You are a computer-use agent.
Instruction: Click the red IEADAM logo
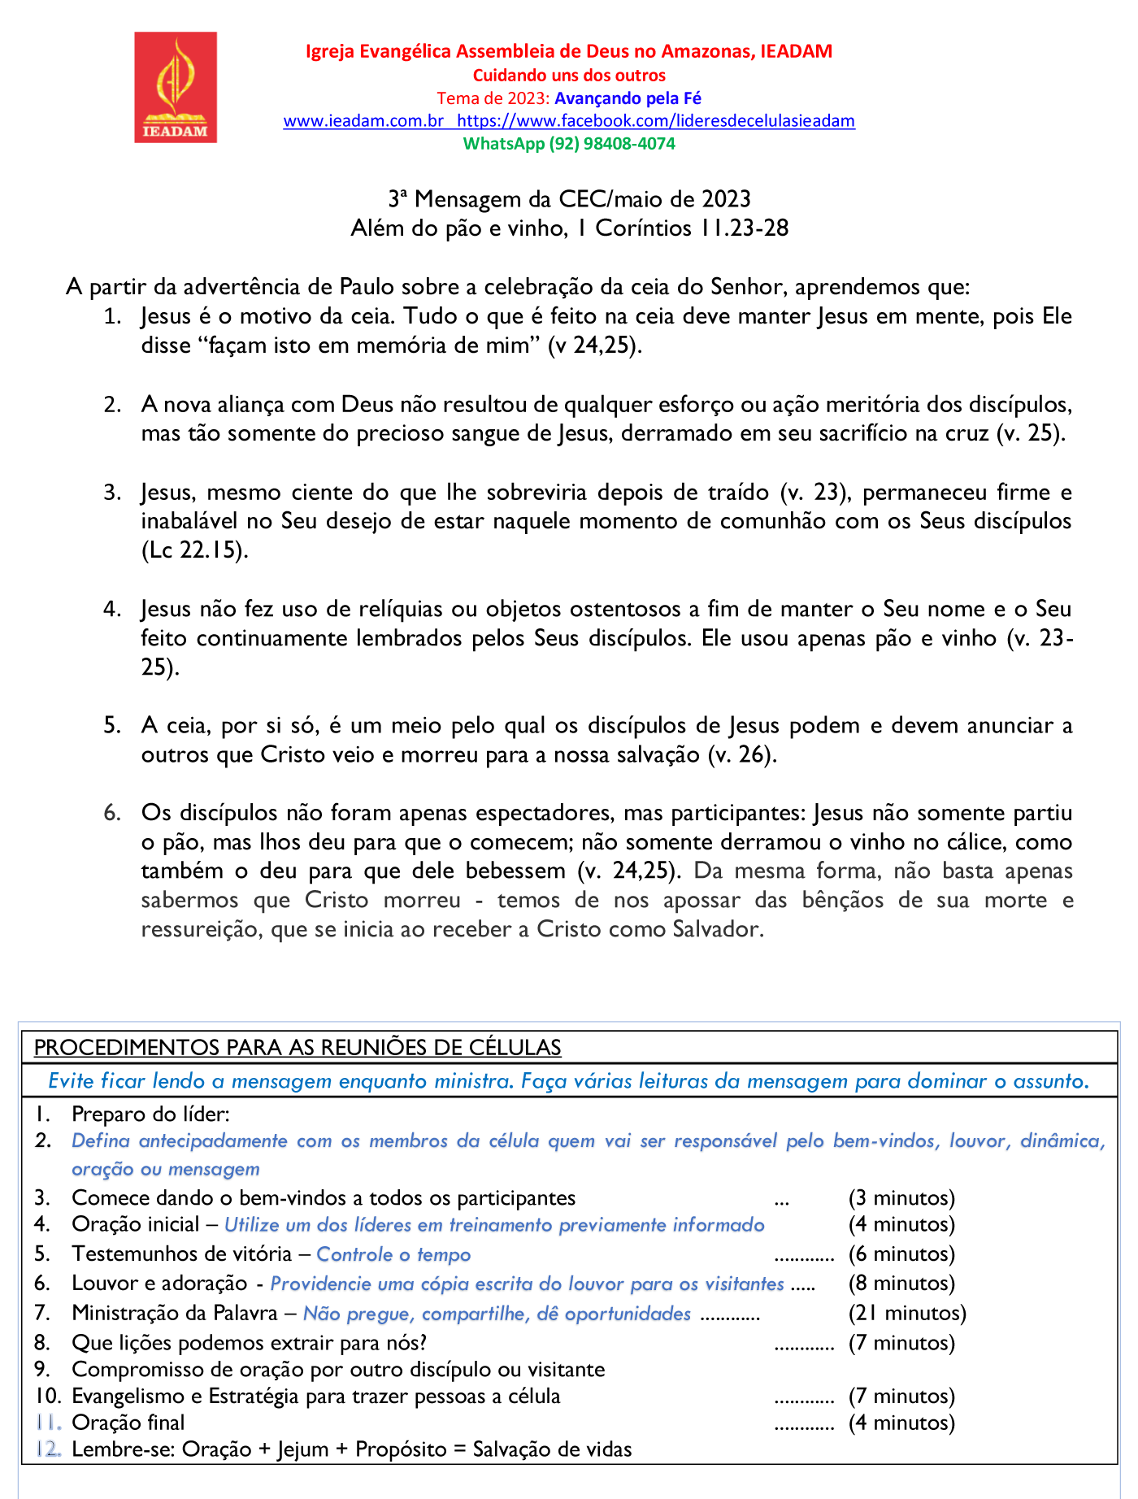176,88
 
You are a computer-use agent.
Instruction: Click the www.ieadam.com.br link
363,121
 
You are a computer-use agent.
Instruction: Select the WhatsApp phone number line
569,144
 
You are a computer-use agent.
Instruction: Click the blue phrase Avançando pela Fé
628,98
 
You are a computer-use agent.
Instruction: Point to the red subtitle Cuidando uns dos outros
569,76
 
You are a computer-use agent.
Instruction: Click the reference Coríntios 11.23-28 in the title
692,228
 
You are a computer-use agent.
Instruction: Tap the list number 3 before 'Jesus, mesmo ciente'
112,493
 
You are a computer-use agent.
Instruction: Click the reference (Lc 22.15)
194,550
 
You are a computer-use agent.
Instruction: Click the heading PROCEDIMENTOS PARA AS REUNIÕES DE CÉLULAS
298,1048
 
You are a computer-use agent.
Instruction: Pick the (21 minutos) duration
907,1314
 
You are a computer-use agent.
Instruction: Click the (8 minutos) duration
901,1284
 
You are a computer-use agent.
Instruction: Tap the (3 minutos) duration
901,1198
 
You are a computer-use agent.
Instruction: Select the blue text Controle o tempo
393,1254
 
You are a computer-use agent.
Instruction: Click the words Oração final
128,1423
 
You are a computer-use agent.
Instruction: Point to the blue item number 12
48,1449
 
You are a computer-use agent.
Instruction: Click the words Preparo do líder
150,1114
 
